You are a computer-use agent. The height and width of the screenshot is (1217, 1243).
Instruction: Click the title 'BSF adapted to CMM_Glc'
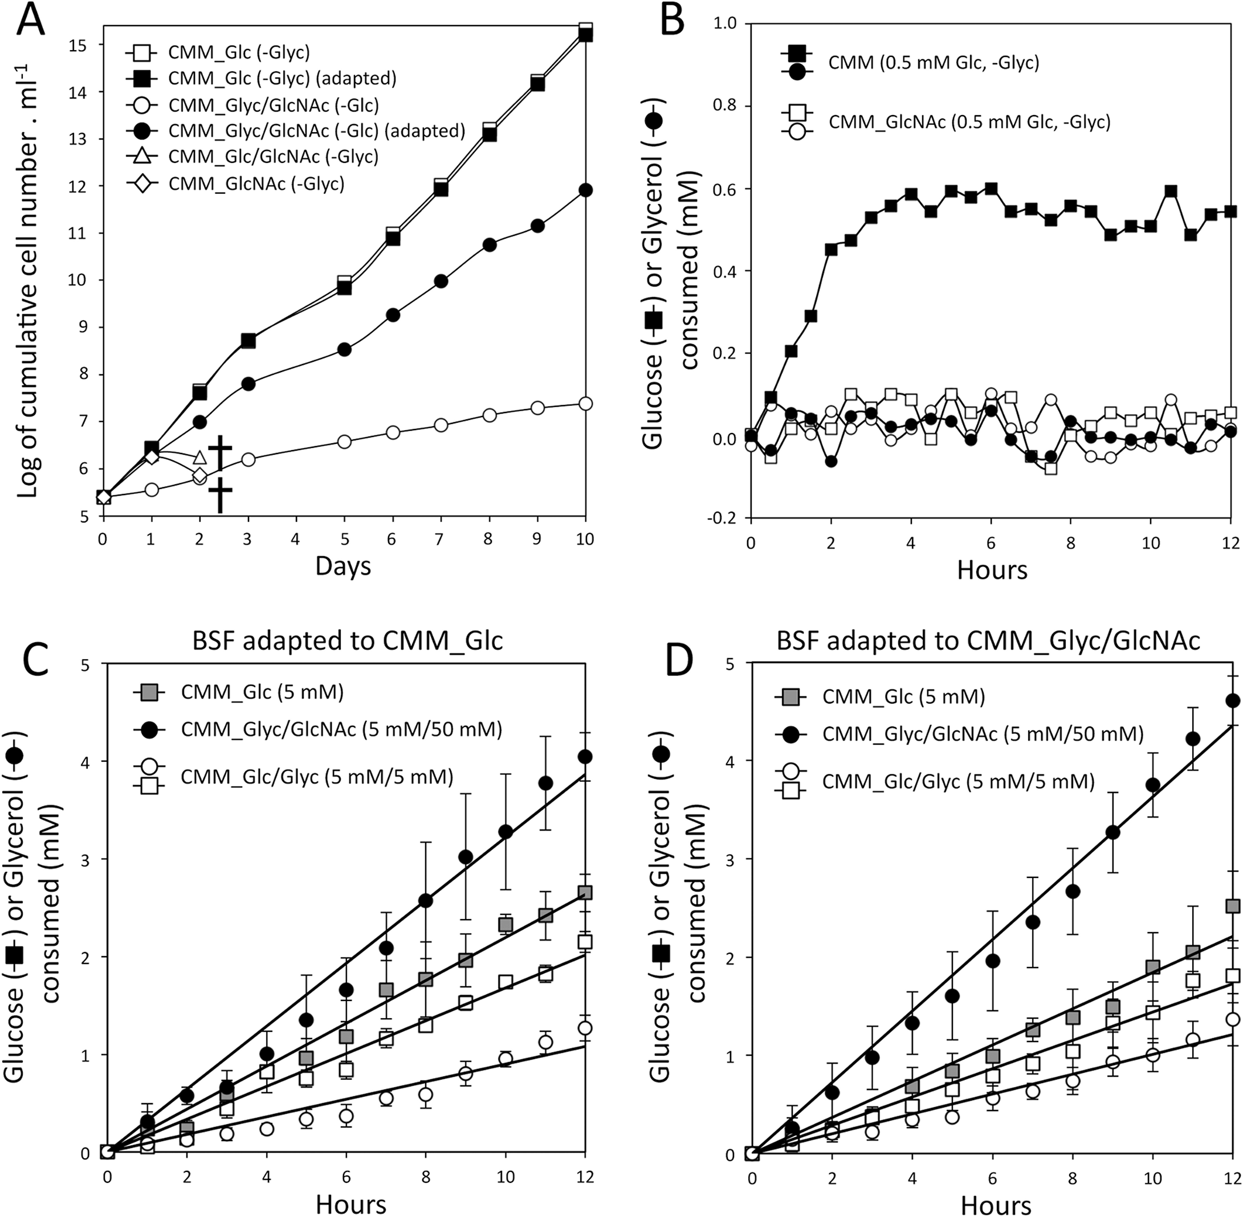click(347, 640)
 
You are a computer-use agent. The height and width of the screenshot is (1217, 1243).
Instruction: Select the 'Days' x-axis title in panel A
click(343, 566)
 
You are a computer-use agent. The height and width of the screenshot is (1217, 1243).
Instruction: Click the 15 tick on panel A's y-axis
click(83, 45)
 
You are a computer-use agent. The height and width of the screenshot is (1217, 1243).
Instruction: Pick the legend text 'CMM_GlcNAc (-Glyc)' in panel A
click(256, 184)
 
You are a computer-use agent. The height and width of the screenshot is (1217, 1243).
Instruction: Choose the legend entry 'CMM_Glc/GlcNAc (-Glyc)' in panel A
click(273, 157)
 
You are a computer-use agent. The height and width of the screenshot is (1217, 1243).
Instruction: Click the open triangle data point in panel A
click(199, 457)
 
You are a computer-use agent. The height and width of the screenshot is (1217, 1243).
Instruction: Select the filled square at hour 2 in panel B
click(831, 250)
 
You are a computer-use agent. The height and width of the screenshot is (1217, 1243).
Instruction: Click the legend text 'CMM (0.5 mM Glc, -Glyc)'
click(934, 63)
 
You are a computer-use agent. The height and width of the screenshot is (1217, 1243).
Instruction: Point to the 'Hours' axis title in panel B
click(992, 569)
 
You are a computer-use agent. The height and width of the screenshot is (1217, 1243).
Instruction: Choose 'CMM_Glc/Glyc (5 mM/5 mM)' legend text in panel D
click(958, 781)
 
